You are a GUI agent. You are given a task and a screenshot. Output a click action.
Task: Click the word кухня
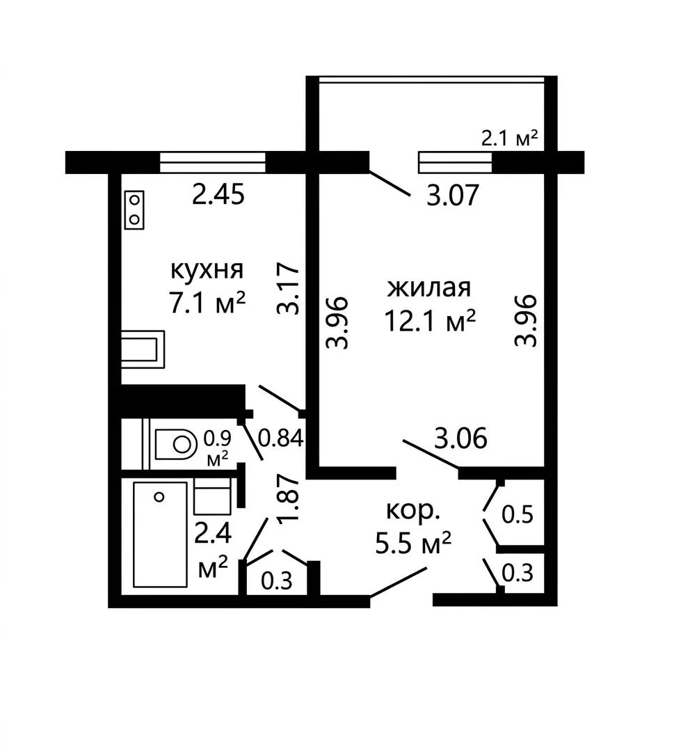point(207,271)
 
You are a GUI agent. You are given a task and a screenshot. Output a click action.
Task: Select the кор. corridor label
point(413,512)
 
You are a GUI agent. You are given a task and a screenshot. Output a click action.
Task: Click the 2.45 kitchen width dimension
point(218,196)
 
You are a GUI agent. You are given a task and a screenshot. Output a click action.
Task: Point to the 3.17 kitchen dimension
point(289,288)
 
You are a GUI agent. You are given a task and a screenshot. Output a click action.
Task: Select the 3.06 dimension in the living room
point(460,438)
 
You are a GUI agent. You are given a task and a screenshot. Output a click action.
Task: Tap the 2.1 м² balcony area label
point(510,138)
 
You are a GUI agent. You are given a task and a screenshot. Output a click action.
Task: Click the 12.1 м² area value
point(430,321)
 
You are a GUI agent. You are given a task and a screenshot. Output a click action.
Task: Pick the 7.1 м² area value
point(207,303)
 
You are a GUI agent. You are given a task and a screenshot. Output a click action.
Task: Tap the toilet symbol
point(175,443)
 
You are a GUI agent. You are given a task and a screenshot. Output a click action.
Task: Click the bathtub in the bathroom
point(160,534)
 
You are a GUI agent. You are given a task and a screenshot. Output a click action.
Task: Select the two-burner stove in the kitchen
point(134,210)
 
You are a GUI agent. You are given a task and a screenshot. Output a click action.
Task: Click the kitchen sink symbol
point(143,349)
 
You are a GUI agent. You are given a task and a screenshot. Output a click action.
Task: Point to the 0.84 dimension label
point(281,438)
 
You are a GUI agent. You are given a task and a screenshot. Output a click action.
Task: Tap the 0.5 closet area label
point(517,515)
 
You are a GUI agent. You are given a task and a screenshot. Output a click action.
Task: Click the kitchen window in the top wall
point(213,162)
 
